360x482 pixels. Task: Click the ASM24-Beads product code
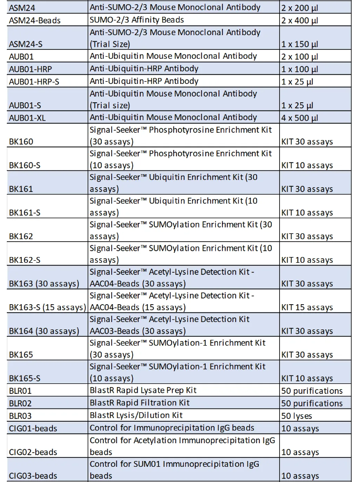tap(35, 20)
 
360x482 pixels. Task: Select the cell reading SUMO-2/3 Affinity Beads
tap(136, 20)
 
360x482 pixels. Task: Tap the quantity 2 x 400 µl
tap(300, 20)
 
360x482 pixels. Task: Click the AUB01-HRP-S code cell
tap(37, 81)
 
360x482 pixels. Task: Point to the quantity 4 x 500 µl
tap(300, 117)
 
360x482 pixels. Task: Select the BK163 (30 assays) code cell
tap(44, 284)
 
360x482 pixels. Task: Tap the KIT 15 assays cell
tap(307, 307)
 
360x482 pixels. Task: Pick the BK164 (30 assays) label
tap(44, 331)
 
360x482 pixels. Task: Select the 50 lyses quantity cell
tap(297, 416)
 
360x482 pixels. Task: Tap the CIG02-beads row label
tap(33, 452)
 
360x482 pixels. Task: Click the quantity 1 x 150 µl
tap(300, 44)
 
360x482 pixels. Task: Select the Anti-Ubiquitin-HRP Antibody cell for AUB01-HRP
tap(144, 69)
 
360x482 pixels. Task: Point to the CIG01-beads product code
tap(33, 429)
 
